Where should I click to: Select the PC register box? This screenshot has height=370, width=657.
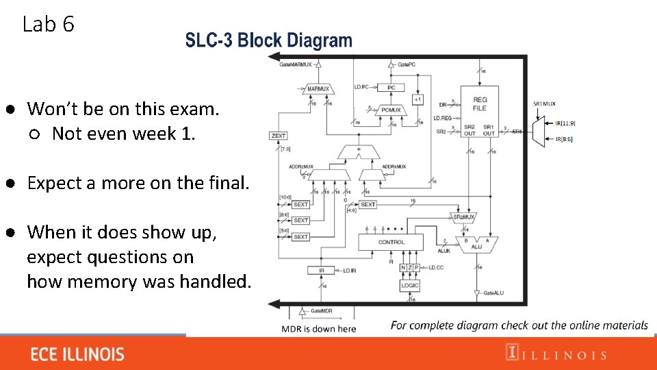pos(391,88)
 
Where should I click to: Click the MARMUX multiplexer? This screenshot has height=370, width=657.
pos(318,89)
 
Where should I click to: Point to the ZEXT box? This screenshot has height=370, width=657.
pos(278,136)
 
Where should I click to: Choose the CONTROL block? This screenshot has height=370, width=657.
pos(391,242)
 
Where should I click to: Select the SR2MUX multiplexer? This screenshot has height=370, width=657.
pos(464,217)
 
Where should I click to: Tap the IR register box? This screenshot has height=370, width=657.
pos(322,271)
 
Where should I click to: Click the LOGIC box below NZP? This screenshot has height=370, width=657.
pos(409,285)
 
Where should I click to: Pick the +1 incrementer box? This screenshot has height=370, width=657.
pos(417,99)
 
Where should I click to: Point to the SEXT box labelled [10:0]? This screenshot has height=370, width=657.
pos(300,204)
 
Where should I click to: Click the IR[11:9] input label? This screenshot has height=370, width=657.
pos(565,123)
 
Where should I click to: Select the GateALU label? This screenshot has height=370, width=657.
pos(498,293)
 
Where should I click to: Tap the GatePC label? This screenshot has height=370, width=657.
pos(407,64)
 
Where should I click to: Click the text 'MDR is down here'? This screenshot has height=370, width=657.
pos(319,329)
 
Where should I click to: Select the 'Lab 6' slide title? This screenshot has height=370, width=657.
pos(48,25)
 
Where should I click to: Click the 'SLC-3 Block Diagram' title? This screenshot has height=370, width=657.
pos(268,40)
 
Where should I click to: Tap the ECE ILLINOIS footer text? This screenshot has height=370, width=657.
pos(77,354)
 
